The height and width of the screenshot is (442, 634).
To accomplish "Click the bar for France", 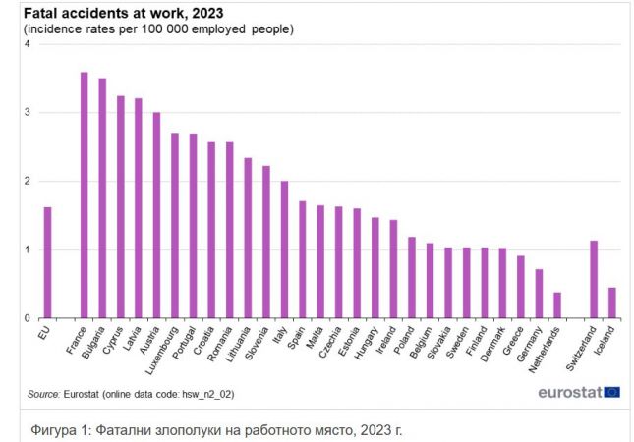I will [x=84, y=195].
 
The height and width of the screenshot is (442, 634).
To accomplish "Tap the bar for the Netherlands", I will [x=557, y=305].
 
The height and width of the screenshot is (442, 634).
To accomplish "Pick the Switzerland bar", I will [x=594, y=279].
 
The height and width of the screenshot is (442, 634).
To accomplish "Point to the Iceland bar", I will [x=611, y=303].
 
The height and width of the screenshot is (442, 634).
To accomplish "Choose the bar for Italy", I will [x=284, y=249].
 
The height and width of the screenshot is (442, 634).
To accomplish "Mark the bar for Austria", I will [x=156, y=215].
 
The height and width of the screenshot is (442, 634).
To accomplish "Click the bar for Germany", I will [x=539, y=294].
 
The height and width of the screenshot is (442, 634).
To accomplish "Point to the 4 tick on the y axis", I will [x=27, y=44].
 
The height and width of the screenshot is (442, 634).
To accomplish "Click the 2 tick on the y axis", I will [x=27, y=181].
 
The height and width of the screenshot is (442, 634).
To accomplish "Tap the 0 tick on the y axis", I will [x=27, y=318].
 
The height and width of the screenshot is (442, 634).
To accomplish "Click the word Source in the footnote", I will [x=43, y=394].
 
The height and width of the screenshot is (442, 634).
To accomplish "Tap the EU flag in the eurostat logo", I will [x=611, y=392].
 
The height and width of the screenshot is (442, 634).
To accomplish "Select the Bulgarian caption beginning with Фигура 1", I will [x=216, y=429].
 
